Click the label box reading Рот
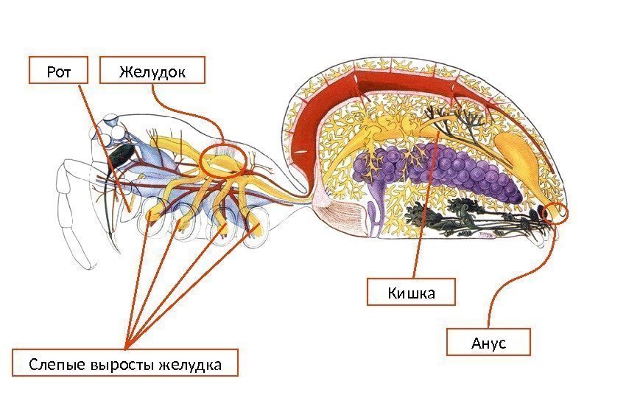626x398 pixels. pyautogui.click(x=57, y=71)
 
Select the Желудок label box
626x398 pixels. pyautogui.click(x=152, y=71)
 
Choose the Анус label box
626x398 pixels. pyautogui.click(x=489, y=343)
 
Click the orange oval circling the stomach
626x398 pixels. pyautogui.click(x=221, y=161)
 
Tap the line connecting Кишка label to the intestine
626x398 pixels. pyautogui.click(x=425, y=214)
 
